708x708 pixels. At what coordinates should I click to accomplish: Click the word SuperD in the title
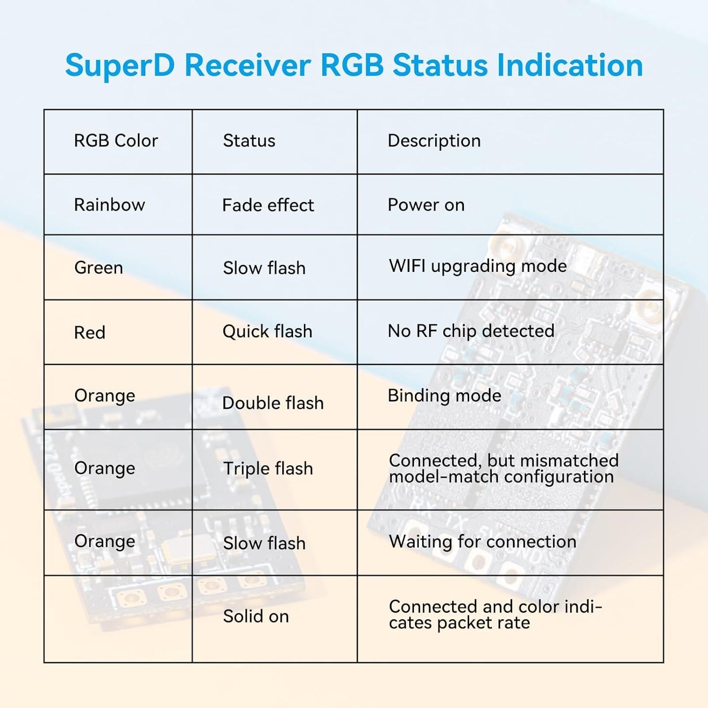tap(120, 65)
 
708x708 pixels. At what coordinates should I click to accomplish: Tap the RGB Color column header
tap(116, 141)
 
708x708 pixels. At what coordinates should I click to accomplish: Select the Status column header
tap(249, 141)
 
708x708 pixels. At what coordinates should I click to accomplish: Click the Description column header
tap(434, 141)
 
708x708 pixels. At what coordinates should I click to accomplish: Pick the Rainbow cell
tap(110, 205)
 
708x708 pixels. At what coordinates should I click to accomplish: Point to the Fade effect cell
tap(268, 205)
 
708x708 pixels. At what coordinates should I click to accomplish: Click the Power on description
tap(426, 205)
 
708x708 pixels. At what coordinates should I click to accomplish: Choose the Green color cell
tap(99, 268)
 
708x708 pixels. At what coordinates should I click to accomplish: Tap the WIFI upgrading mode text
tap(477, 266)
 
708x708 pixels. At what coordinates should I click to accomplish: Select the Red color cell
tap(90, 333)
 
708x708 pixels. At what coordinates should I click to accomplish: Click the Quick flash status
tap(267, 331)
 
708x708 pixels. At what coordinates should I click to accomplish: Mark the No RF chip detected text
tap(471, 331)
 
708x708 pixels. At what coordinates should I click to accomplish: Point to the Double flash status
tap(273, 403)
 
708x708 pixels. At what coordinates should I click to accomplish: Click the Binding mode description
tap(444, 396)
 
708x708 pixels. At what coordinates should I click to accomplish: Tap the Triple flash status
tap(268, 469)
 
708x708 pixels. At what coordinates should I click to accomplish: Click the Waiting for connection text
tap(482, 542)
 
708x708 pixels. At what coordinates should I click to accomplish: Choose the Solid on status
tap(256, 616)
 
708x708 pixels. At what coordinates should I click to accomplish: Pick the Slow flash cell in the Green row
tap(264, 268)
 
